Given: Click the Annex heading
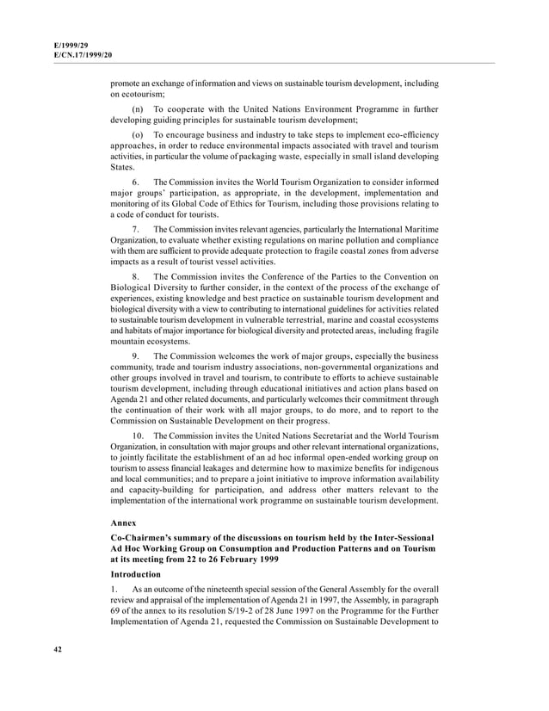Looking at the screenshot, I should point(125,522).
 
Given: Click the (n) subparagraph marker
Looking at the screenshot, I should point(138,110).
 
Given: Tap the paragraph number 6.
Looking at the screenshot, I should point(136,182).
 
